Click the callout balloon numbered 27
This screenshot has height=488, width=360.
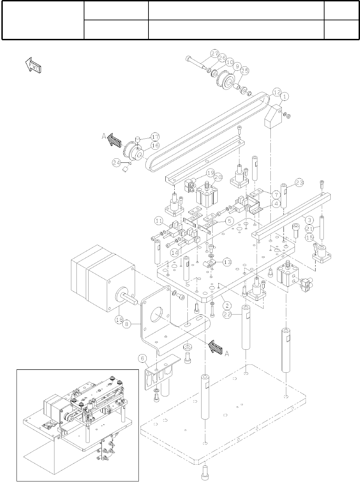tap(215, 54)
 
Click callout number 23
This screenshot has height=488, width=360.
tap(299, 183)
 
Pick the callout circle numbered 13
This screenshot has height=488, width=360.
tap(227, 262)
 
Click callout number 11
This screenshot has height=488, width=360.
tap(159, 221)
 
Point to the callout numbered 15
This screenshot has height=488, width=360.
tap(309, 237)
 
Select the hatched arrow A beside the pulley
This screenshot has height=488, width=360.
tap(114, 140)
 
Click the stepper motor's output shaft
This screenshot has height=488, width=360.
tap(128, 297)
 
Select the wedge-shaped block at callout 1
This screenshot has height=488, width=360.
tap(272, 118)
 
